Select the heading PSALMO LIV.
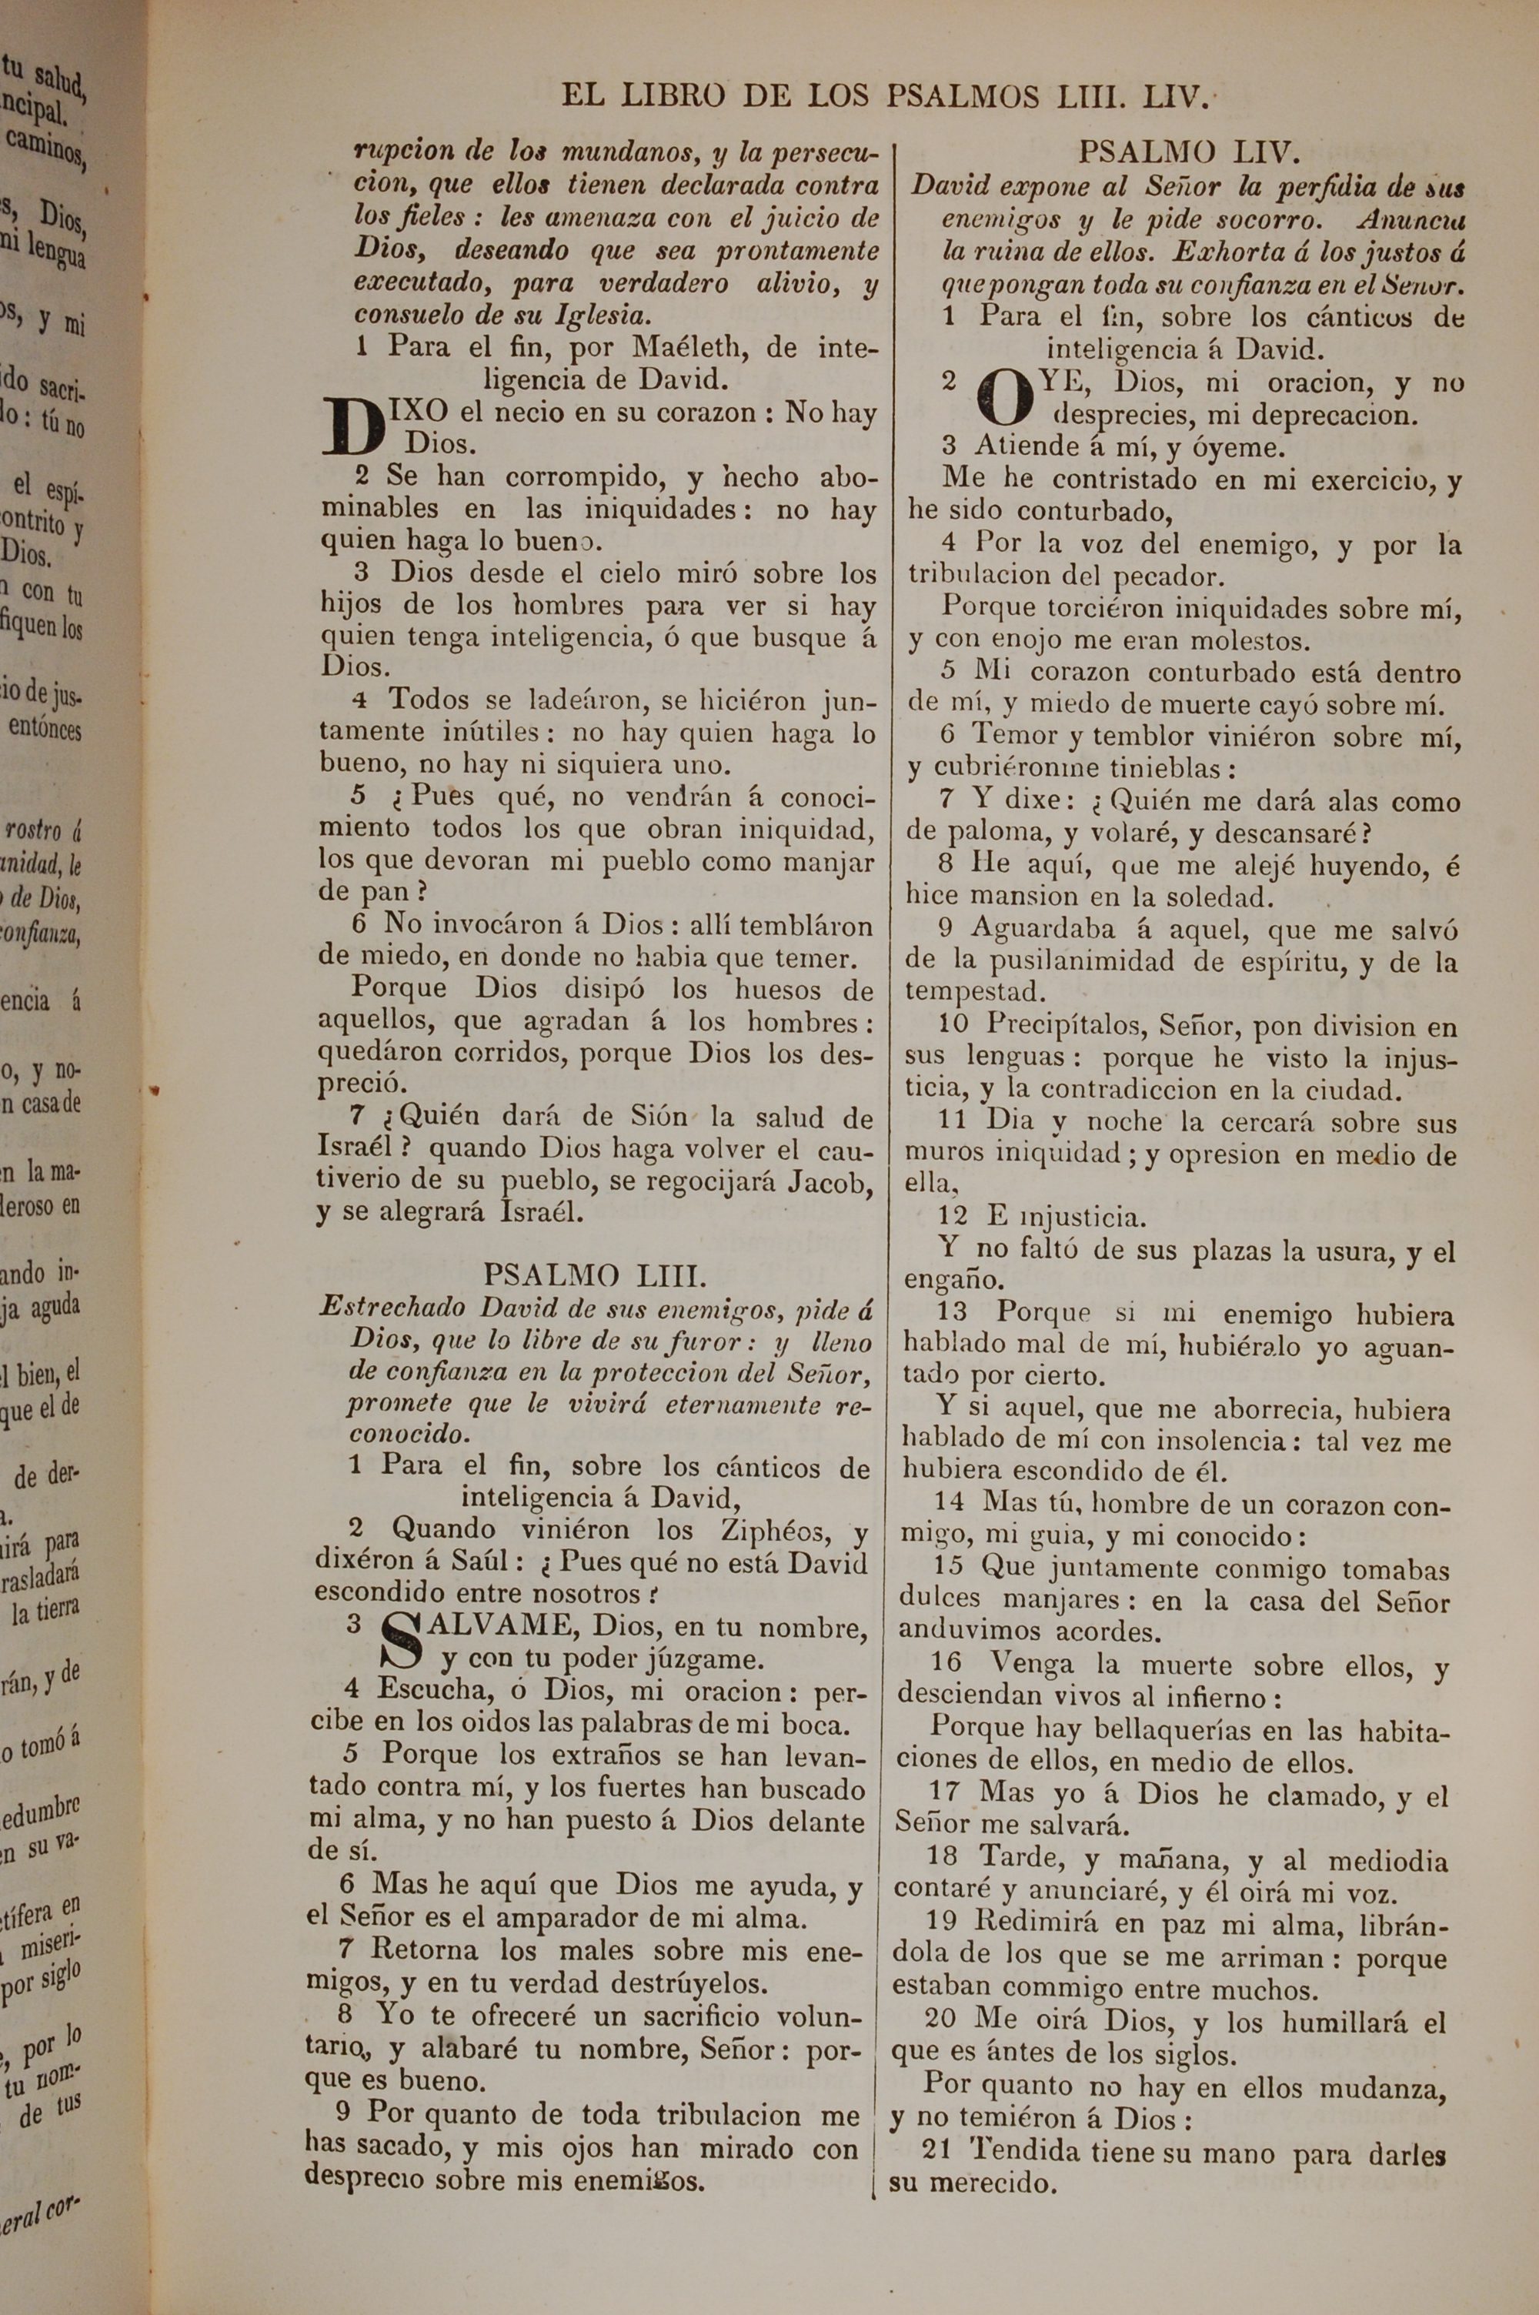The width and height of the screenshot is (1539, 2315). coord(1190,152)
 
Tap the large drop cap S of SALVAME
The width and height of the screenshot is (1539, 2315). coord(405,1641)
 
